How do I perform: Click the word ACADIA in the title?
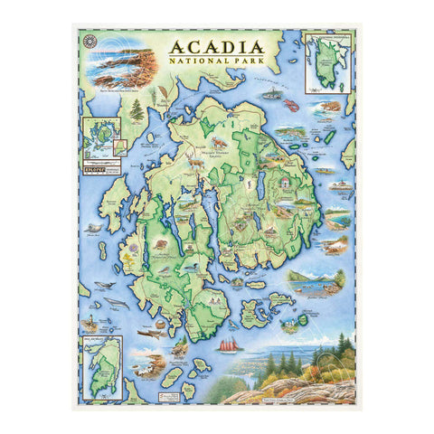[215, 47]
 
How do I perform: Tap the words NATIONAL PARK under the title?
[215, 63]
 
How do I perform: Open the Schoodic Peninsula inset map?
[328, 61]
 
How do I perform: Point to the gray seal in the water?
[109, 298]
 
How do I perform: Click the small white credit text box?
[187, 391]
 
